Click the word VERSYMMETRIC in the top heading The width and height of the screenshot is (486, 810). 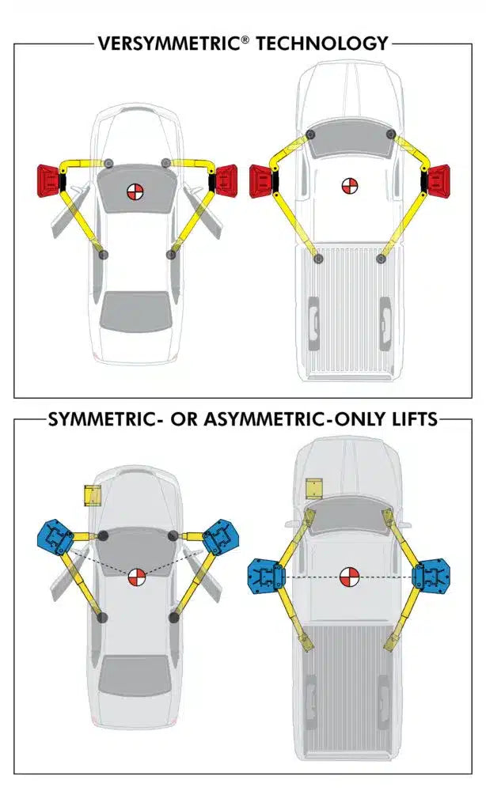pyautogui.click(x=169, y=44)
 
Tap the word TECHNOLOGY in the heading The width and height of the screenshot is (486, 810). pyautogui.click(x=321, y=44)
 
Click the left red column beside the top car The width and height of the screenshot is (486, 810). pyautogui.click(x=50, y=181)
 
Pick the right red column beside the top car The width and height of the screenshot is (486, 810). pyautogui.click(x=223, y=181)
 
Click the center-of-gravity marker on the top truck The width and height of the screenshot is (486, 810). pyautogui.click(x=349, y=186)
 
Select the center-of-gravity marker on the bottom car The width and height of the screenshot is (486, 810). pyautogui.click(x=136, y=577)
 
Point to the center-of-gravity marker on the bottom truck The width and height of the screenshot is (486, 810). pyautogui.click(x=348, y=577)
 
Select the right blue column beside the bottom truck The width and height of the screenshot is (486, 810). pyautogui.click(x=431, y=576)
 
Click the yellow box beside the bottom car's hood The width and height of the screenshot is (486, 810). pyautogui.click(x=93, y=495)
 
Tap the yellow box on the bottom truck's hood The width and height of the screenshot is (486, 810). pyautogui.click(x=314, y=488)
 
